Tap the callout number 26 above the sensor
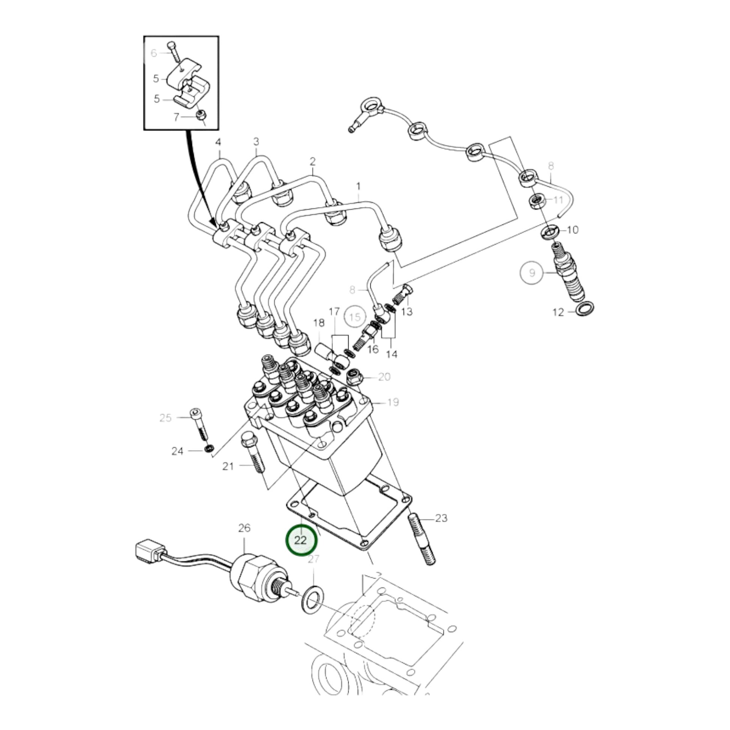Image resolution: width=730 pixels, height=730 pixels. pyautogui.click(x=244, y=528)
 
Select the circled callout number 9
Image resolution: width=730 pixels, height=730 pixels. pyautogui.click(x=532, y=272)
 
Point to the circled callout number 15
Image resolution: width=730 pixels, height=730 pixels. pyautogui.click(x=355, y=317)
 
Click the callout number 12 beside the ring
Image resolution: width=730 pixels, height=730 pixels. pyautogui.click(x=558, y=312)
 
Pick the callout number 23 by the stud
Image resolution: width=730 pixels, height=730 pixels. pyautogui.click(x=441, y=518)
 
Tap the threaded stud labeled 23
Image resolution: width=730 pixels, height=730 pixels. pyautogui.click(x=422, y=542)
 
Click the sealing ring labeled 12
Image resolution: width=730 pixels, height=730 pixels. pyautogui.click(x=584, y=309)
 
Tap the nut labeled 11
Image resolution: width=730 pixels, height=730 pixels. pyautogui.click(x=536, y=201)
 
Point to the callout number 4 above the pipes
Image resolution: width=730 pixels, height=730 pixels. pyautogui.click(x=218, y=142)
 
